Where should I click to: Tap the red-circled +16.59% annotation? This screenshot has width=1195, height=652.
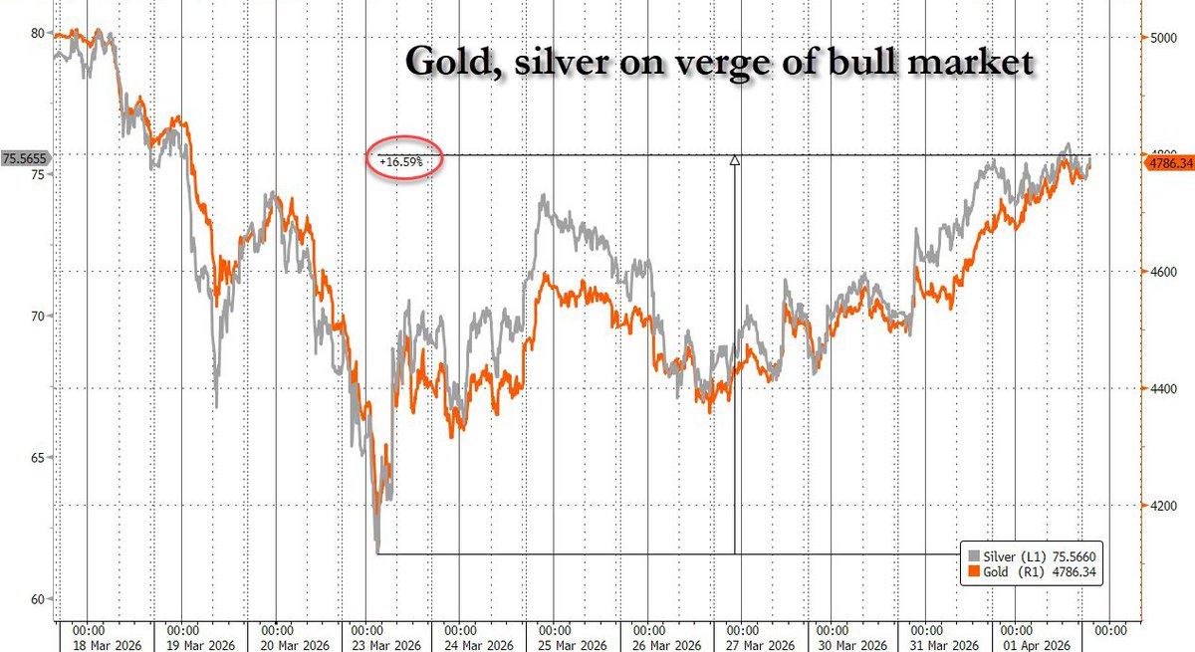point(403,159)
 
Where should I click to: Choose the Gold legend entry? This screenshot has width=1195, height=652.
point(1025,573)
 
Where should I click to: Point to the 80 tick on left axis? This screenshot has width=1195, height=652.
point(38,33)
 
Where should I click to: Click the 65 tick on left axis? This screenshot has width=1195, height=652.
point(38,458)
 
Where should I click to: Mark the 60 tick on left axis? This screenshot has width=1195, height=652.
point(38,599)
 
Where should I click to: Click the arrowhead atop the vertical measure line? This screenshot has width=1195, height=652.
point(735,159)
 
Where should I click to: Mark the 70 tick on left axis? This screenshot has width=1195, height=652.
point(38,317)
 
